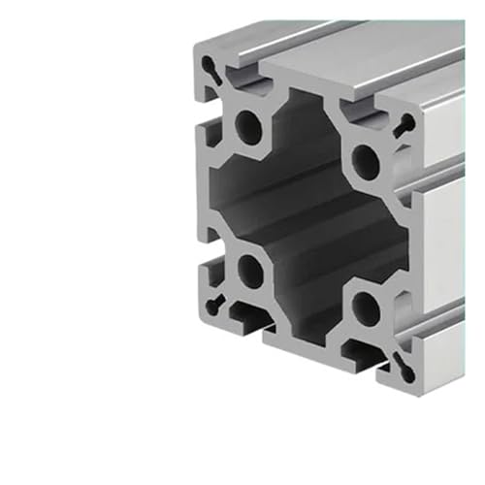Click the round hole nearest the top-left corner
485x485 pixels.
[x=250, y=126]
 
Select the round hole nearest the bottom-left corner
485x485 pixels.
[x=251, y=269]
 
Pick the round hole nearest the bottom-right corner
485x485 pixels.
[x=367, y=308]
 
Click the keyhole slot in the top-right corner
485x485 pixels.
[x=405, y=123]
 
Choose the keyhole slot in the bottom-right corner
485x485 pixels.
[x=402, y=363]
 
